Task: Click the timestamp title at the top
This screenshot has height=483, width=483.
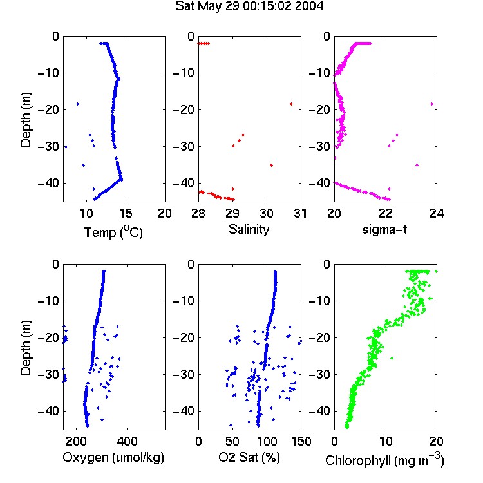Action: point(249,6)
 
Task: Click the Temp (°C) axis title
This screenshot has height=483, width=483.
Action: point(113,232)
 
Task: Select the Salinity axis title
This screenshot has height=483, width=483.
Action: point(249,229)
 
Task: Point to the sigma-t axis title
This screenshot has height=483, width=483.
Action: point(384,229)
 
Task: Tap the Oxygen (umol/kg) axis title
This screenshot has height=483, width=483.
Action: point(113,457)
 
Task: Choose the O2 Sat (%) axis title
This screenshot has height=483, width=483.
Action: point(249,457)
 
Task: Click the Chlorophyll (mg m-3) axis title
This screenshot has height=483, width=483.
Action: point(384,460)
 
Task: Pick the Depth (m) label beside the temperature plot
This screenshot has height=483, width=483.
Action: point(26,120)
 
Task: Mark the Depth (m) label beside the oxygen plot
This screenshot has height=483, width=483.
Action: point(26,348)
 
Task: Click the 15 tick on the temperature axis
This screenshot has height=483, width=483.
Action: point(126,213)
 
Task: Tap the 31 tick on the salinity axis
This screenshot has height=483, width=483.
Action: point(300,213)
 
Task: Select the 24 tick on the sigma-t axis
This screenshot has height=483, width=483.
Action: point(437,213)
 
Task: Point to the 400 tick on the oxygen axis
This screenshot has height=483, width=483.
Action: point(127,441)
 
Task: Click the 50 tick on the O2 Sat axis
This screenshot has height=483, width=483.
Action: point(232,441)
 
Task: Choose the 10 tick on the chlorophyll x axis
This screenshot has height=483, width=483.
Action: point(386,441)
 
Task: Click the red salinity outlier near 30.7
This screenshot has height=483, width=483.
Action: point(291,104)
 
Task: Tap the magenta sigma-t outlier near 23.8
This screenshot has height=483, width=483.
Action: point(432,104)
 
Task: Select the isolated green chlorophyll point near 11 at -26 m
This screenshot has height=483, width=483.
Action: point(392,358)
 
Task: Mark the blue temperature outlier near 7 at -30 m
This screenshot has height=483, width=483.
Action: point(66,147)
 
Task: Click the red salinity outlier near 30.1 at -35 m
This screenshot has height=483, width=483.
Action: point(271,165)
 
